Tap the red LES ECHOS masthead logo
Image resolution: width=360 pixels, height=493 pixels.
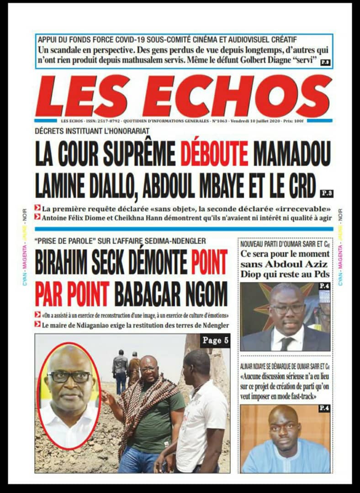click(x=183, y=96)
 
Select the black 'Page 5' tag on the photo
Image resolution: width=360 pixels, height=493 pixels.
click(x=215, y=341)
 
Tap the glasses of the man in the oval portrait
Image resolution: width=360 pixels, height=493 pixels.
click(x=69, y=377)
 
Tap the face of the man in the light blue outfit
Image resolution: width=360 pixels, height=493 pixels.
click(x=284, y=427)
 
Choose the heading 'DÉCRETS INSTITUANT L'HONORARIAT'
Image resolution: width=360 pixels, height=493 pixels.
click(x=92, y=131)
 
